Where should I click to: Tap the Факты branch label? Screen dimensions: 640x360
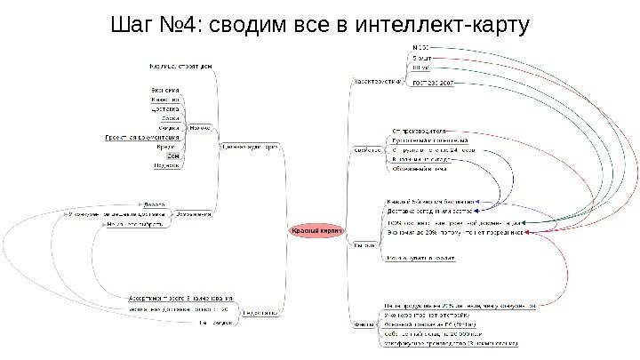tap(364, 324)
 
